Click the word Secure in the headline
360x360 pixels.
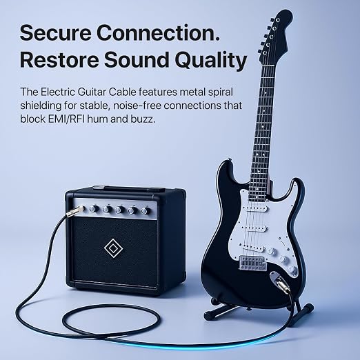point(56,33)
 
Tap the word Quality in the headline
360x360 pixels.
point(211,61)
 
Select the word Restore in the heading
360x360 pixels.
point(60,60)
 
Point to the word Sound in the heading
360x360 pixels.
point(137,60)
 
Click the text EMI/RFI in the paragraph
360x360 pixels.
point(67,119)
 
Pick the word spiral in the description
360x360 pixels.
point(220,92)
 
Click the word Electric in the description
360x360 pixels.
point(58,92)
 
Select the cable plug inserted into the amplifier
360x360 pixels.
point(74,212)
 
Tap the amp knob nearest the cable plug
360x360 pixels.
point(94,208)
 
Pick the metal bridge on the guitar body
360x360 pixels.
point(253,263)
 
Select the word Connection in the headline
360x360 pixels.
point(158,33)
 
